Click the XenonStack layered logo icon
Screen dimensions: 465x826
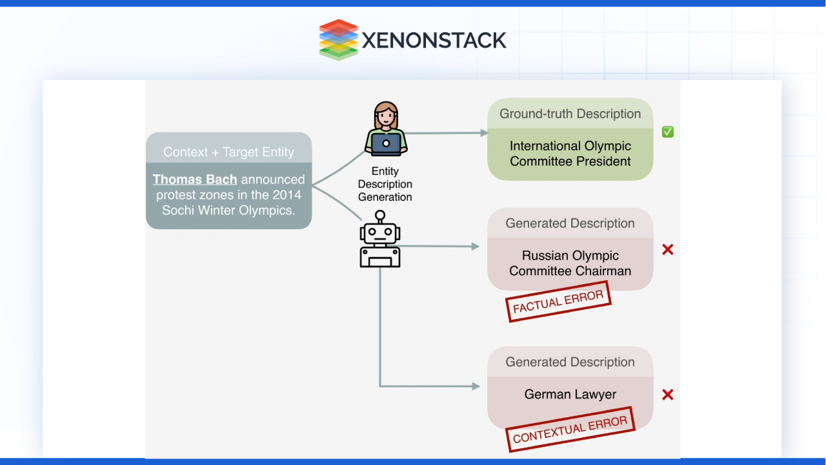coord(338,39)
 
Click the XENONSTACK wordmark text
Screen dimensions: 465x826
coord(434,40)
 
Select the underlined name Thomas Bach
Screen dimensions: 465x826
coord(195,179)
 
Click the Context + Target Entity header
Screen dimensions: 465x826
coord(228,152)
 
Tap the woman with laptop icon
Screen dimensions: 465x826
coord(386,129)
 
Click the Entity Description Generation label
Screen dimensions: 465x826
coord(385,184)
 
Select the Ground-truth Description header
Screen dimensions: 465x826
coord(570,114)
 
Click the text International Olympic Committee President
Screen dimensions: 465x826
coord(570,154)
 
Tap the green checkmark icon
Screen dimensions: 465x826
coord(668,132)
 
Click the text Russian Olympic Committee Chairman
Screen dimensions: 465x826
coord(570,263)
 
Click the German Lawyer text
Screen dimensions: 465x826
coord(570,394)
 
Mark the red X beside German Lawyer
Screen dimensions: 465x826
coord(668,395)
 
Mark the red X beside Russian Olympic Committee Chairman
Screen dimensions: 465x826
coord(668,249)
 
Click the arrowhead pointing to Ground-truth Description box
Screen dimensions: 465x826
coord(484,133)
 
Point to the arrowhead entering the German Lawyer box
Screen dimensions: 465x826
coord(476,386)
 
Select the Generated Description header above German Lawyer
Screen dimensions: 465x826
coord(570,362)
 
